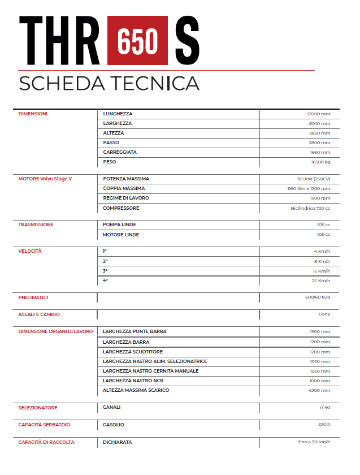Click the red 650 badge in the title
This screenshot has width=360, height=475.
[137, 40]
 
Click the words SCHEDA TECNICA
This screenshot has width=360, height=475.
[109, 83]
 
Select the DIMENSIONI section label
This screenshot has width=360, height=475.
[33, 114]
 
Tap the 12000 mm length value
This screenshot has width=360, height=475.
[319, 114]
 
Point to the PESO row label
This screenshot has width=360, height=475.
[110, 162]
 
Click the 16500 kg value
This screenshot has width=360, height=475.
[320, 162]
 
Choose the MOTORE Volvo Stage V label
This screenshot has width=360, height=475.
[45, 179]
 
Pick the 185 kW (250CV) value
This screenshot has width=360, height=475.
[313, 179]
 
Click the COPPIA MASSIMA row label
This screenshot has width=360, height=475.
[124, 188]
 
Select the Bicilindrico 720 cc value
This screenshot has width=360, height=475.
[310, 208]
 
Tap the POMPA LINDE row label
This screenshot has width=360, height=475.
[119, 224]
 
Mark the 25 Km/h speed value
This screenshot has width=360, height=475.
[321, 280]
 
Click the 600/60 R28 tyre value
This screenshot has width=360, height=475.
[317, 297]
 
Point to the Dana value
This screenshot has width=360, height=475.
[324, 314]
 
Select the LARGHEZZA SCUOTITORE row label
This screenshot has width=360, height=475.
[133, 352]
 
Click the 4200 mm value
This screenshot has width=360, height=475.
[319, 390]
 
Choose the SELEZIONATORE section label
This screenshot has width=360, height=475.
[38, 408]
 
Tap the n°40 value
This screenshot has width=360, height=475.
[324, 408]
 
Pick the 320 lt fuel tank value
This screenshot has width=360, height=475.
[323, 425]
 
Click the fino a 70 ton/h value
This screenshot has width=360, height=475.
[314, 442]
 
